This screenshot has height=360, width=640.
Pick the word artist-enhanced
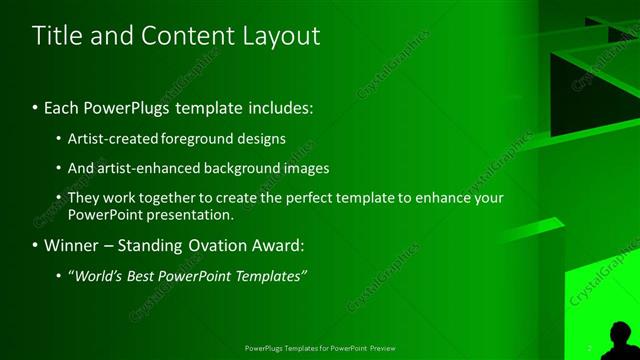(x=139, y=168)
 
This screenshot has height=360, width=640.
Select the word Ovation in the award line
(x=205, y=244)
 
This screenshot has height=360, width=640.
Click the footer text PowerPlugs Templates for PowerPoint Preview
(x=320, y=348)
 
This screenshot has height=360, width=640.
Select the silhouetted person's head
(x=621, y=331)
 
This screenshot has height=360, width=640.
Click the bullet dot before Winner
(x=35, y=245)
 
